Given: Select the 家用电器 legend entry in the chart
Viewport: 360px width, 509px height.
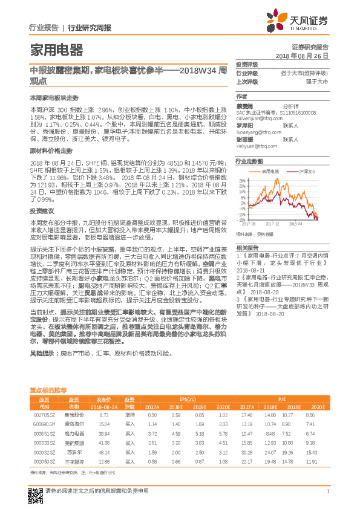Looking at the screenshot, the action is (270, 172).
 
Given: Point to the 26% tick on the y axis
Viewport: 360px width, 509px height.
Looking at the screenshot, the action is (243, 181).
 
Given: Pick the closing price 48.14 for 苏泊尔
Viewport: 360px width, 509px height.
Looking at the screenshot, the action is (103, 452).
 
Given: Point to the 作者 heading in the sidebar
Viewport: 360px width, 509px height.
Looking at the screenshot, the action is (241, 96).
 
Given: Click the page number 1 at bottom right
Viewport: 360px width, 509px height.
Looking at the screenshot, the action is (327, 491).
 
